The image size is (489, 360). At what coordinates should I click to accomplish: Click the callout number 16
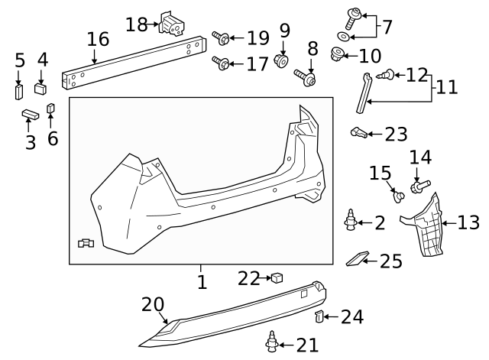(x=98, y=39)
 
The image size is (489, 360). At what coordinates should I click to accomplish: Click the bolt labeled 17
(x=220, y=63)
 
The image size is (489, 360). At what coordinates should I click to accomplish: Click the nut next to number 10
(x=336, y=54)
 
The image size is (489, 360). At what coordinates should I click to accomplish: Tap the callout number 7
(x=387, y=28)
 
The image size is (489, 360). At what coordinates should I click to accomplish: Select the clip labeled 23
(x=357, y=134)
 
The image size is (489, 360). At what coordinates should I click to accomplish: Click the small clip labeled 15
(x=398, y=195)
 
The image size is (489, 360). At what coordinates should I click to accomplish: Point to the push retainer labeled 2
(x=350, y=221)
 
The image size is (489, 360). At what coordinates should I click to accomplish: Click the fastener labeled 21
(x=271, y=343)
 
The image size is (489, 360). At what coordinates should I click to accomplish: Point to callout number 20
(x=152, y=304)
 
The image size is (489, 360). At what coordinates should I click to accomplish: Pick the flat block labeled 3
(x=30, y=114)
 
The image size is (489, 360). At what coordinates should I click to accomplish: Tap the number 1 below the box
(x=202, y=282)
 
